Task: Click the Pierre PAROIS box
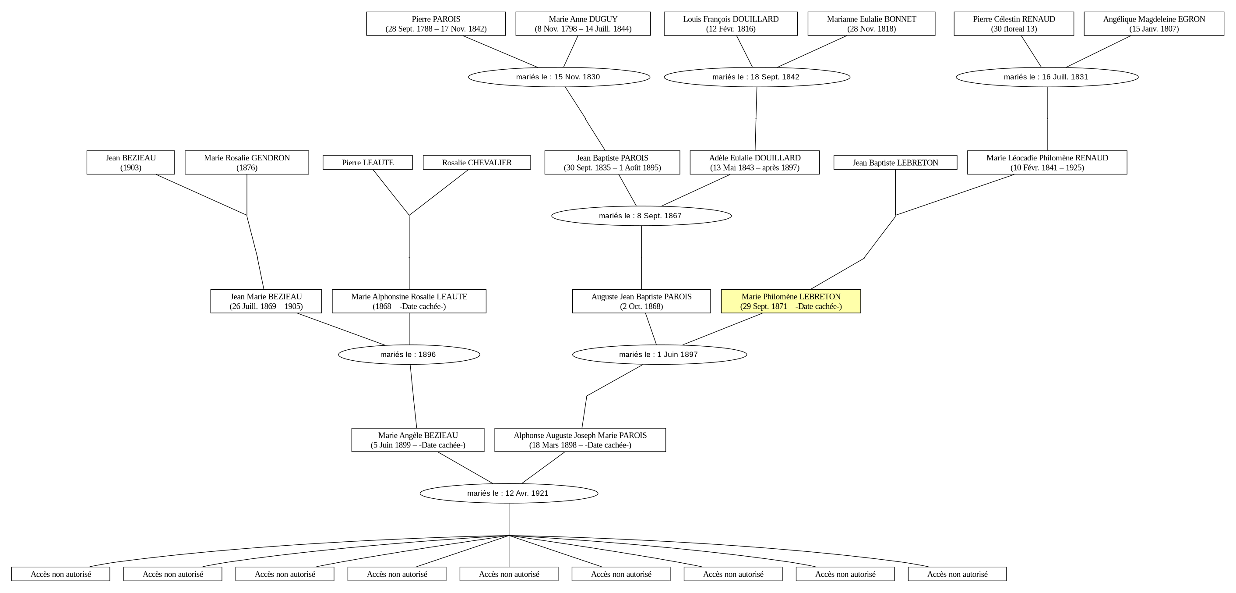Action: pos(436,24)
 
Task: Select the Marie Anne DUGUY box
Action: pos(583,24)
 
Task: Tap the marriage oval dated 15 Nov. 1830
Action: pos(559,77)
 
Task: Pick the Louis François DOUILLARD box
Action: pos(731,24)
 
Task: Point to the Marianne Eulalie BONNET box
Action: pos(871,24)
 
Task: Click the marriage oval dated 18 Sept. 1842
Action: pos(757,77)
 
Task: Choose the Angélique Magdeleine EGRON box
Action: pos(1154,24)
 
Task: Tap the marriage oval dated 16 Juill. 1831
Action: pos(1047,77)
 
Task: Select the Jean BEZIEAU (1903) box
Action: pos(130,162)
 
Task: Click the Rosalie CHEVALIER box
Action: pos(477,162)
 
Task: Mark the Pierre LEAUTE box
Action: pos(367,162)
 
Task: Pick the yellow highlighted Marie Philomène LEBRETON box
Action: pos(791,301)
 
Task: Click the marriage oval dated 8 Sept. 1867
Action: pos(641,216)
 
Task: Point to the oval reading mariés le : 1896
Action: pos(409,355)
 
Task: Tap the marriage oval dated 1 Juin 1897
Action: pos(659,355)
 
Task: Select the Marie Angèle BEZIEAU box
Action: pos(418,440)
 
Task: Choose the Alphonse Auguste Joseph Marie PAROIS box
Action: pos(580,440)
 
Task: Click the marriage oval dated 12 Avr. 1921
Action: pos(509,493)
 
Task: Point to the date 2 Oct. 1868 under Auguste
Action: pos(641,306)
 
